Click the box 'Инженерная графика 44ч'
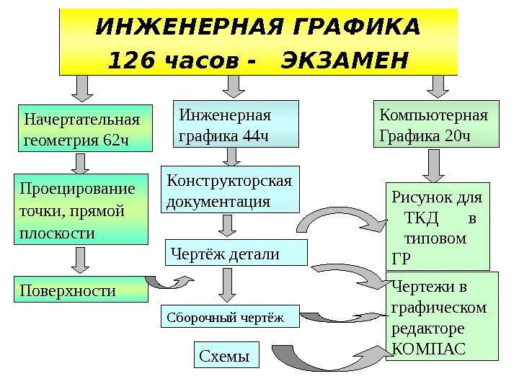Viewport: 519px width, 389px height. [x=236, y=124]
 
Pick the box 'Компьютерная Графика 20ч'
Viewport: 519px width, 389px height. [x=435, y=125]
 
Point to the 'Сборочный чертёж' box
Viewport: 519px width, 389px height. [x=229, y=316]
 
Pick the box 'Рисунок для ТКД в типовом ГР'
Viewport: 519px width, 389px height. [x=438, y=225]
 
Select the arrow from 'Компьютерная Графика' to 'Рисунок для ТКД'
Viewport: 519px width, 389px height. [x=435, y=165]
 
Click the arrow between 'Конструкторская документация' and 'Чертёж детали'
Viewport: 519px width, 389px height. [x=227, y=224]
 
